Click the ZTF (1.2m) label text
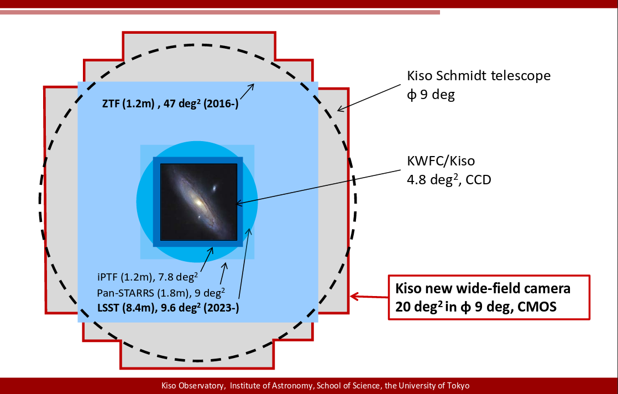pyautogui.click(x=128, y=103)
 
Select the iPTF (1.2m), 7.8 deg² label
pyautogui.click(x=148, y=277)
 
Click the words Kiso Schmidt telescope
pyautogui.click(x=479, y=75)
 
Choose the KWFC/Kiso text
pyautogui.click(x=441, y=161)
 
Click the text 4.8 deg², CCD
pyautogui.click(x=449, y=179)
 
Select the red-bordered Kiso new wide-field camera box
pyautogui.click(x=489, y=297)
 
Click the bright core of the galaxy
pyautogui.click(x=198, y=203)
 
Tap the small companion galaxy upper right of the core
pyautogui.click(x=215, y=189)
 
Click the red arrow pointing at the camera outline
pyautogui.click(x=369, y=297)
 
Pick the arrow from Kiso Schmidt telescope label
pyautogui.click(x=369, y=97)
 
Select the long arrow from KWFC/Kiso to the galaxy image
pyautogui.click(x=318, y=188)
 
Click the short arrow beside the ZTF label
pyautogui.click(x=247, y=91)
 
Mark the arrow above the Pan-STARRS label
pyautogui.click(x=223, y=274)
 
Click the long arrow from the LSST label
pyautogui.click(x=244, y=264)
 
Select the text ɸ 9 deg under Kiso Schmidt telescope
pyautogui.click(x=431, y=95)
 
